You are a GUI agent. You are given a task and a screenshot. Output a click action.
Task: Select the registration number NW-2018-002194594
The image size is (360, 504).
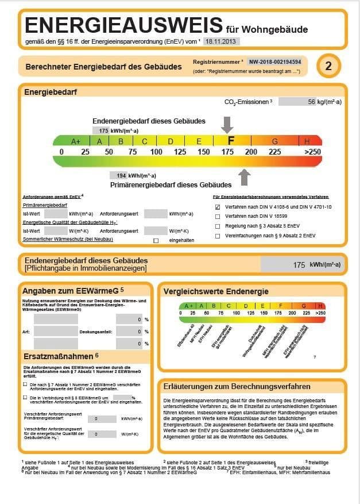click(275, 61)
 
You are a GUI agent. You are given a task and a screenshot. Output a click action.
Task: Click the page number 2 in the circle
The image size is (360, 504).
click(328, 66)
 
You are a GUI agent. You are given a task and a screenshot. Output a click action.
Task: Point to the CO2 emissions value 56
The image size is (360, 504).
click(312, 102)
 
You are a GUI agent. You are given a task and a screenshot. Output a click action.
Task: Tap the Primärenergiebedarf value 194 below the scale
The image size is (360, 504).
click(121, 176)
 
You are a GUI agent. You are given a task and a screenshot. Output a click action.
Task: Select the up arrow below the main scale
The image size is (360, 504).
click(245, 176)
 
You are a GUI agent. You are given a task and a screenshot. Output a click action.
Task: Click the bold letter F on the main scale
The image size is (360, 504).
click(231, 141)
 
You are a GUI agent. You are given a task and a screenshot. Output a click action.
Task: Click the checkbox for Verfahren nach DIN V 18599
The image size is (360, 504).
click(218, 217)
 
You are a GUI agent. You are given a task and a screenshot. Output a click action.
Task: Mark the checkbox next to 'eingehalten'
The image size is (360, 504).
click(156, 240)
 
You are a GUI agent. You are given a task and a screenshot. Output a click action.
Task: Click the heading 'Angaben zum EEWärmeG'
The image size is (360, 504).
click(72, 289)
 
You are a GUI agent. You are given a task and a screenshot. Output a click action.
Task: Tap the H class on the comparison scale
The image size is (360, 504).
click(320, 306)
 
